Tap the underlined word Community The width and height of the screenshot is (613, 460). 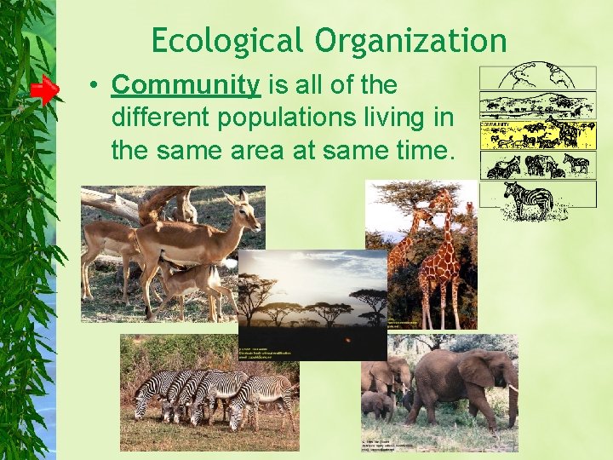[x=185, y=85]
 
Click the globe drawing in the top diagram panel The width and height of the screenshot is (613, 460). [x=524, y=77]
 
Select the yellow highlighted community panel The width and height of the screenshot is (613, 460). [x=525, y=135]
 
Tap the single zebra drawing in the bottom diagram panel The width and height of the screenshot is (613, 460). [x=528, y=200]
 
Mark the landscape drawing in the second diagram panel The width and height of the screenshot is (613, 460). [x=525, y=106]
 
